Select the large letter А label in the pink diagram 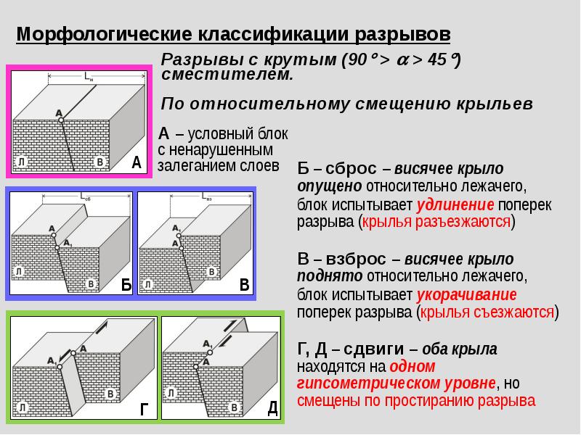[x=136, y=163]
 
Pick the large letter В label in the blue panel [x=245, y=285]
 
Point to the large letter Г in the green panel [x=145, y=410]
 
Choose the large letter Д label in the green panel [x=272, y=407]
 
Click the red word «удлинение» [x=456, y=204]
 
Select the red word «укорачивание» [x=466, y=295]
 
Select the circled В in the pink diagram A [x=100, y=162]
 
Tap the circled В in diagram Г [x=110, y=394]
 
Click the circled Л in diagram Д [x=171, y=393]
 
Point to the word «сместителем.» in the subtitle [x=228, y=74]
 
